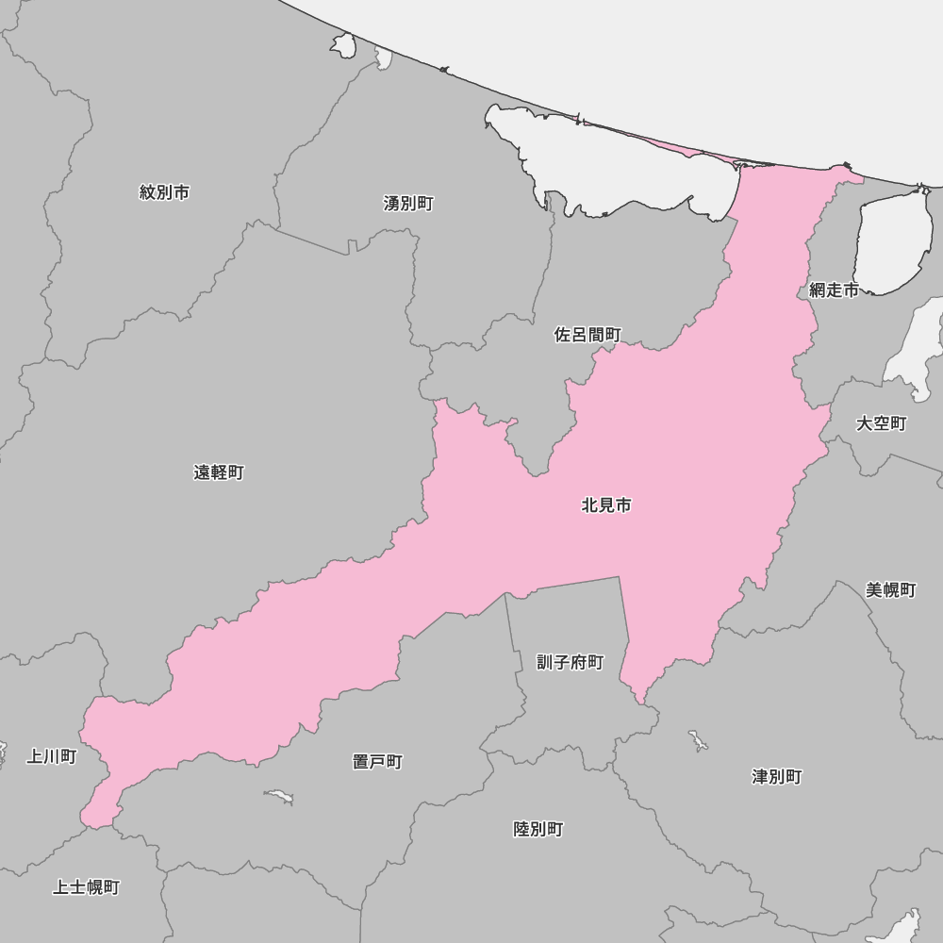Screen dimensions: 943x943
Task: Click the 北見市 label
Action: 606,505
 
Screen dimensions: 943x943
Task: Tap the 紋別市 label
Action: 164,192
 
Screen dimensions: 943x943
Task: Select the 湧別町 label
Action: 408,203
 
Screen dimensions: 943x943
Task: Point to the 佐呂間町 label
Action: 587,335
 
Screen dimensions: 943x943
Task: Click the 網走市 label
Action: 834,290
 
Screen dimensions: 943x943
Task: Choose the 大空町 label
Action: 881,423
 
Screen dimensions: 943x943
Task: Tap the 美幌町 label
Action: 891,590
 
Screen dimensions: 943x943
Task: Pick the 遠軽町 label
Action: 219,472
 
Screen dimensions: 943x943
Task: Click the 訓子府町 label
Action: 570,662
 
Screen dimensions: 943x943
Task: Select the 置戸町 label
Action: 377,761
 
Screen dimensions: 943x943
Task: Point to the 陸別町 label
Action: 538,829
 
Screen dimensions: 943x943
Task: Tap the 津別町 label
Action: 777,776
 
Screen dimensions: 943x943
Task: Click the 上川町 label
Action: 51,756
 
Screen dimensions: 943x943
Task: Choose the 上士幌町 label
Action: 86,887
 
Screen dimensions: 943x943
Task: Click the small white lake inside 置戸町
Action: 278,798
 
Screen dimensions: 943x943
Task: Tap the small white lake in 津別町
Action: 698,740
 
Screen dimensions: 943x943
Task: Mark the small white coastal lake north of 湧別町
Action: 343,44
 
